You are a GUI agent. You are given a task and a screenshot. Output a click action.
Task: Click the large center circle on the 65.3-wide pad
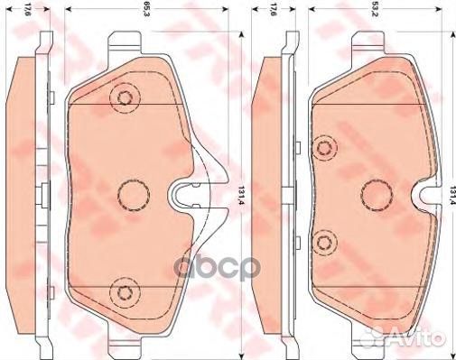[134, 191]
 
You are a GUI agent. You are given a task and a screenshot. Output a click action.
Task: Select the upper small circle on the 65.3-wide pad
[122, 98]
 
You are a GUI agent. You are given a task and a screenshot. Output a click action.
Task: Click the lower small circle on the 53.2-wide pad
[327, 240]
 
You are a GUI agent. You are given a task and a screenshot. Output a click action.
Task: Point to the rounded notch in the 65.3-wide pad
[187, 191]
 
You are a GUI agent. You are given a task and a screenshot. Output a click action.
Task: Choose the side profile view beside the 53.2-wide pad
[269, 191]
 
